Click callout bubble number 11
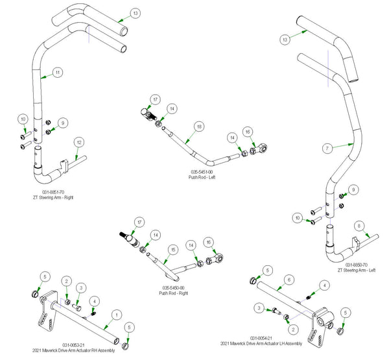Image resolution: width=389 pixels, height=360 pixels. click(58, 73)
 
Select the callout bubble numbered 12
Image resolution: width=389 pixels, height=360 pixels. click(78, 141)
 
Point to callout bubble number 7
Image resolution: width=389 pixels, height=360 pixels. click(329, 148)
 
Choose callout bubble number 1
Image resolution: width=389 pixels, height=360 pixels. click(116, 313)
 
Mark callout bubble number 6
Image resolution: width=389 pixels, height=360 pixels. click(290, 278)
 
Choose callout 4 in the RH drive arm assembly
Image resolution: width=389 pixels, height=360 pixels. click(95, 301)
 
